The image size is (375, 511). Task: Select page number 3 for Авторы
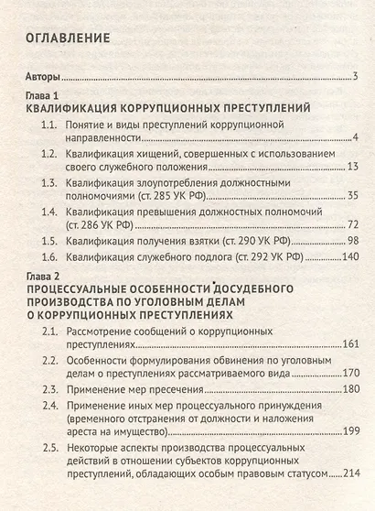pyautogui.click(x=353, y=77)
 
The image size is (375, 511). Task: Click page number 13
pyautogui.click(x=350, y=167)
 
